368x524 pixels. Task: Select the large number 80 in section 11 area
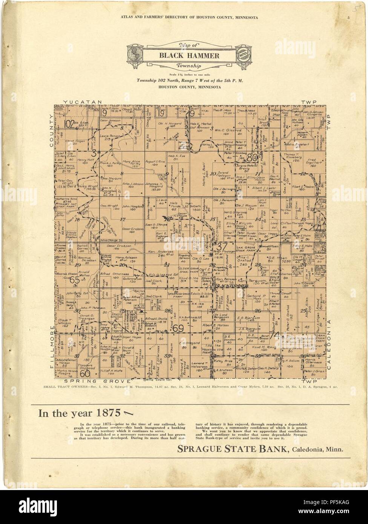(252, 157)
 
